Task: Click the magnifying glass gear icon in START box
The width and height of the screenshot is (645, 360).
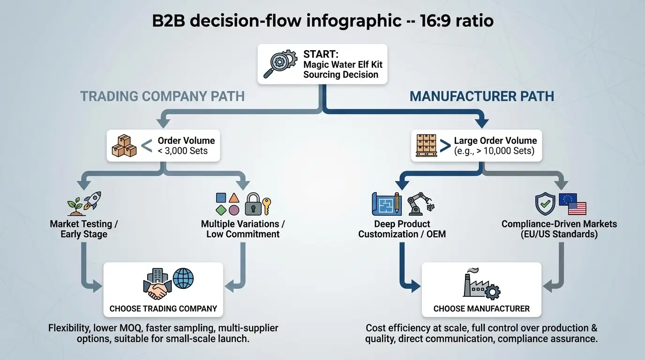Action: (x=280, y=64)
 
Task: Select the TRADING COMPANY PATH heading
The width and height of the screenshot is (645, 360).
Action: (x=162, y=97)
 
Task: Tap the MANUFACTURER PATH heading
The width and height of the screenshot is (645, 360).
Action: (x=482, y=97)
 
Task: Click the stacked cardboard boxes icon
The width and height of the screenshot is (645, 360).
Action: (x=124, y=146)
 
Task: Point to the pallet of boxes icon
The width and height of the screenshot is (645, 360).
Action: (x=426, y=146)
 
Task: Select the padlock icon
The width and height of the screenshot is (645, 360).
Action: (x=253, y=204)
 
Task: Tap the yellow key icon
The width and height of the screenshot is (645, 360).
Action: (x=267, y=206)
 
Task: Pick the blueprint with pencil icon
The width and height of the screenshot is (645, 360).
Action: (x=386, y=204)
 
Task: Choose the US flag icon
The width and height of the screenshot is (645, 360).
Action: (x=577, y=208)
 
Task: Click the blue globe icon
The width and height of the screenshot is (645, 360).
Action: (x=183, y=278)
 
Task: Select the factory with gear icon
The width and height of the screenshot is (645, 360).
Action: (x=480, y=284)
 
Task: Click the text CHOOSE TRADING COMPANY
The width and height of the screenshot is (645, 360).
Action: (x=163, y=308)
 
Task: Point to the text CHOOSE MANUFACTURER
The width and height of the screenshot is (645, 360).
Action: (x=481, y=308)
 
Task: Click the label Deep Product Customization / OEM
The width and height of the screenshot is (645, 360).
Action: (x=402, y=229)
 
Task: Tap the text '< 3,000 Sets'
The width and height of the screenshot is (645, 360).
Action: (x=183, y=151)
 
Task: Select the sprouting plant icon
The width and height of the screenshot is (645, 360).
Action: (x=75, y=203)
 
